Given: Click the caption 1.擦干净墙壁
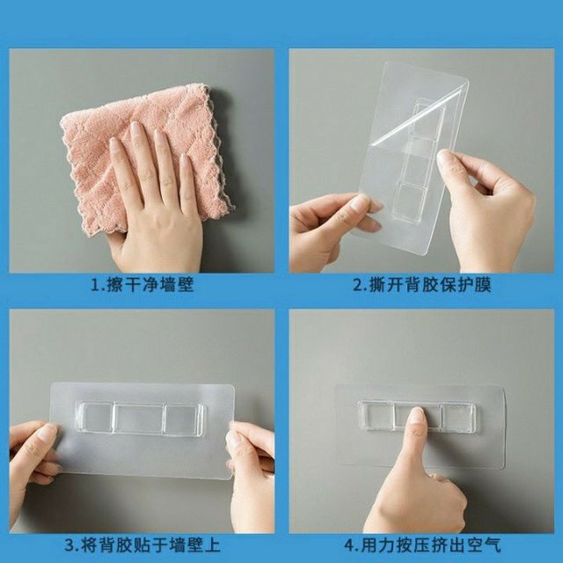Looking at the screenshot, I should [x=141, y=286].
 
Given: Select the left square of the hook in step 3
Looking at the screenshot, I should [x=95, y=418].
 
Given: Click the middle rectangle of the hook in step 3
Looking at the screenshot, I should [x=140, y=419].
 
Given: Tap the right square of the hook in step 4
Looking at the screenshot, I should [x=458, y=416].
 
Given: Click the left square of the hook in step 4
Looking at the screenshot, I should [x=375, y=415].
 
